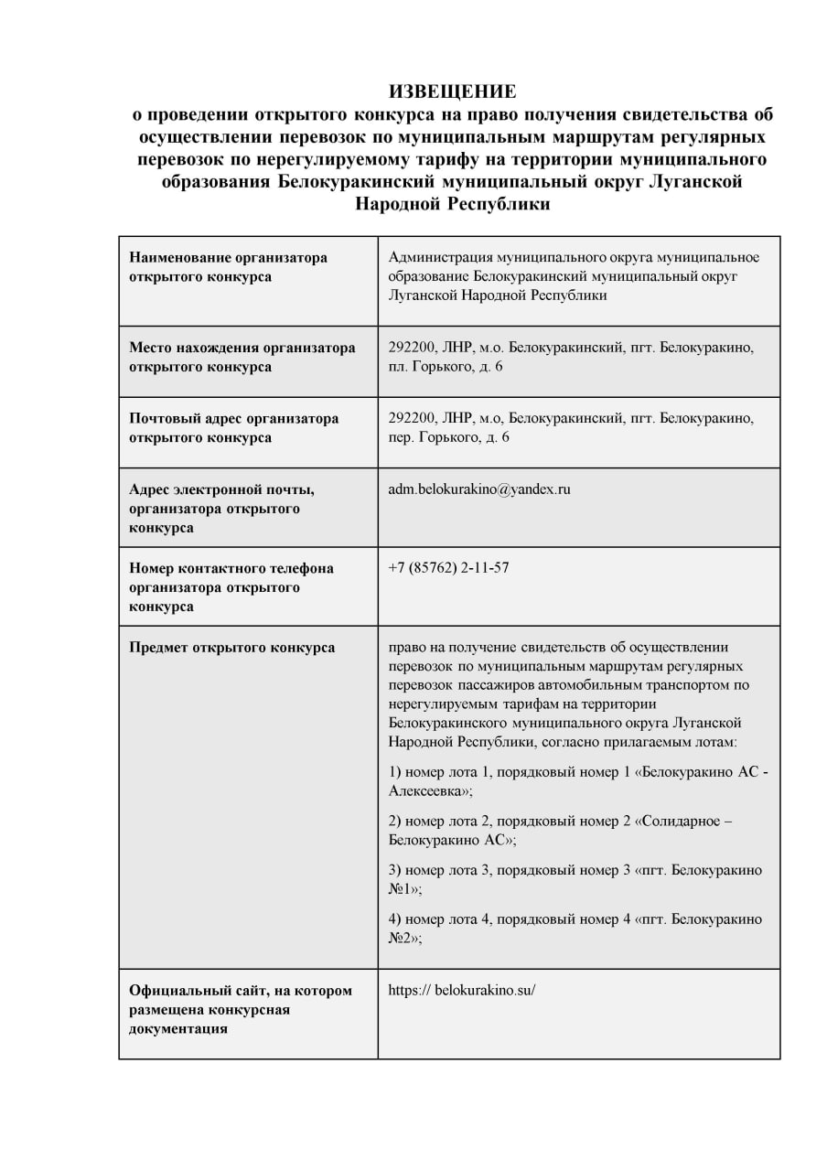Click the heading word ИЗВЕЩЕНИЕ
coord(452,91)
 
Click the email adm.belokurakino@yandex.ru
coord(479,489)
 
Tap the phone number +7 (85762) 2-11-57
coord(448,568)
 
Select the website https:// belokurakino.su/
coord(461,990)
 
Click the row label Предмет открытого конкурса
coord(231,648)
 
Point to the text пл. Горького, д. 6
coord(446,367)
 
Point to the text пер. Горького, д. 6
coord(449,437)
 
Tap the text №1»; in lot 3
coord(405,888)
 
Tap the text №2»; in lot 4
coord(405,938)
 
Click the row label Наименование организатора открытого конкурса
coord(228,267)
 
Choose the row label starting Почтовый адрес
coord(233,427)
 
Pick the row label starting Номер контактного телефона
coord(231,587)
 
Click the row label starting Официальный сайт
coord(240,1009)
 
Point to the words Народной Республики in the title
coord(452,204)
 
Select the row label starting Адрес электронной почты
coord(221,509)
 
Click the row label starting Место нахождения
coord(242,357)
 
